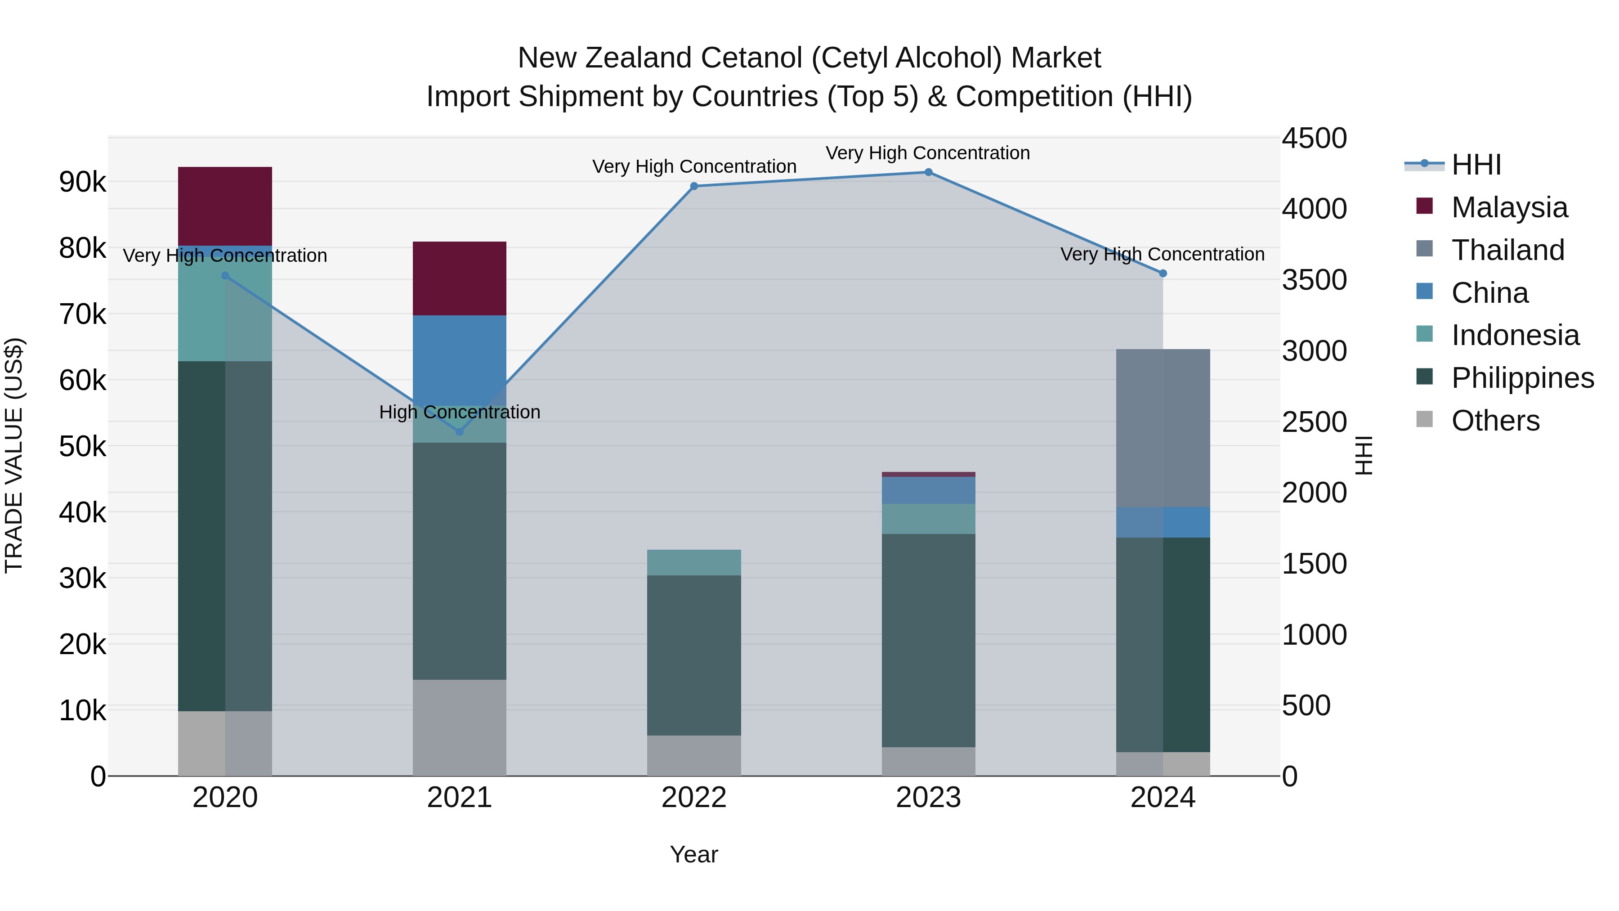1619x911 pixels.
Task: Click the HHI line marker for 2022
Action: click(x=694, y=186)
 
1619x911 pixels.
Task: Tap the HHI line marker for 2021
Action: click(x=460, y=432)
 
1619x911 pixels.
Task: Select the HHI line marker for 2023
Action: click(x=928, y=172)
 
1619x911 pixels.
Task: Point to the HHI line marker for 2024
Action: click(x=1163, y=274)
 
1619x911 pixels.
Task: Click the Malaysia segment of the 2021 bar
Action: click(x=460, y=278)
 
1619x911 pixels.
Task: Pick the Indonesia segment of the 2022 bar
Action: click(x=694, y=563)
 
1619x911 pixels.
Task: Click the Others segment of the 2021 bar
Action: click(x=460, y=727)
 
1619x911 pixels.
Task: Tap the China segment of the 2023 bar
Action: click(x=928, y=490)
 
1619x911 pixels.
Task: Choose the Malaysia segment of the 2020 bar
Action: click(x=225, y=206)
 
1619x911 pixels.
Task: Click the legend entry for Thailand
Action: click(x=1507, y=250)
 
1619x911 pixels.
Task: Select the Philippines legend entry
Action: click(x=1522, y=378)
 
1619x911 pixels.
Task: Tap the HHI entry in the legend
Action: click(x=1476, y=165)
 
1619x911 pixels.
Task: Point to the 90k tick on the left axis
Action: click(x=82, y=182)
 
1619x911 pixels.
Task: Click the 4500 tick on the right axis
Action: click(x=1314, y=138)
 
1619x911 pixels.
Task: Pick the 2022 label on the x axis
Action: click(x=694, y=798)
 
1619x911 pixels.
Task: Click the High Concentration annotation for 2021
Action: click(x=460, y=413)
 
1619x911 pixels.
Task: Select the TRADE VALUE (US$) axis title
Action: click(x=14, y=455)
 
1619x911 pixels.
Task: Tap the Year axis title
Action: click(x=694, y=854)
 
